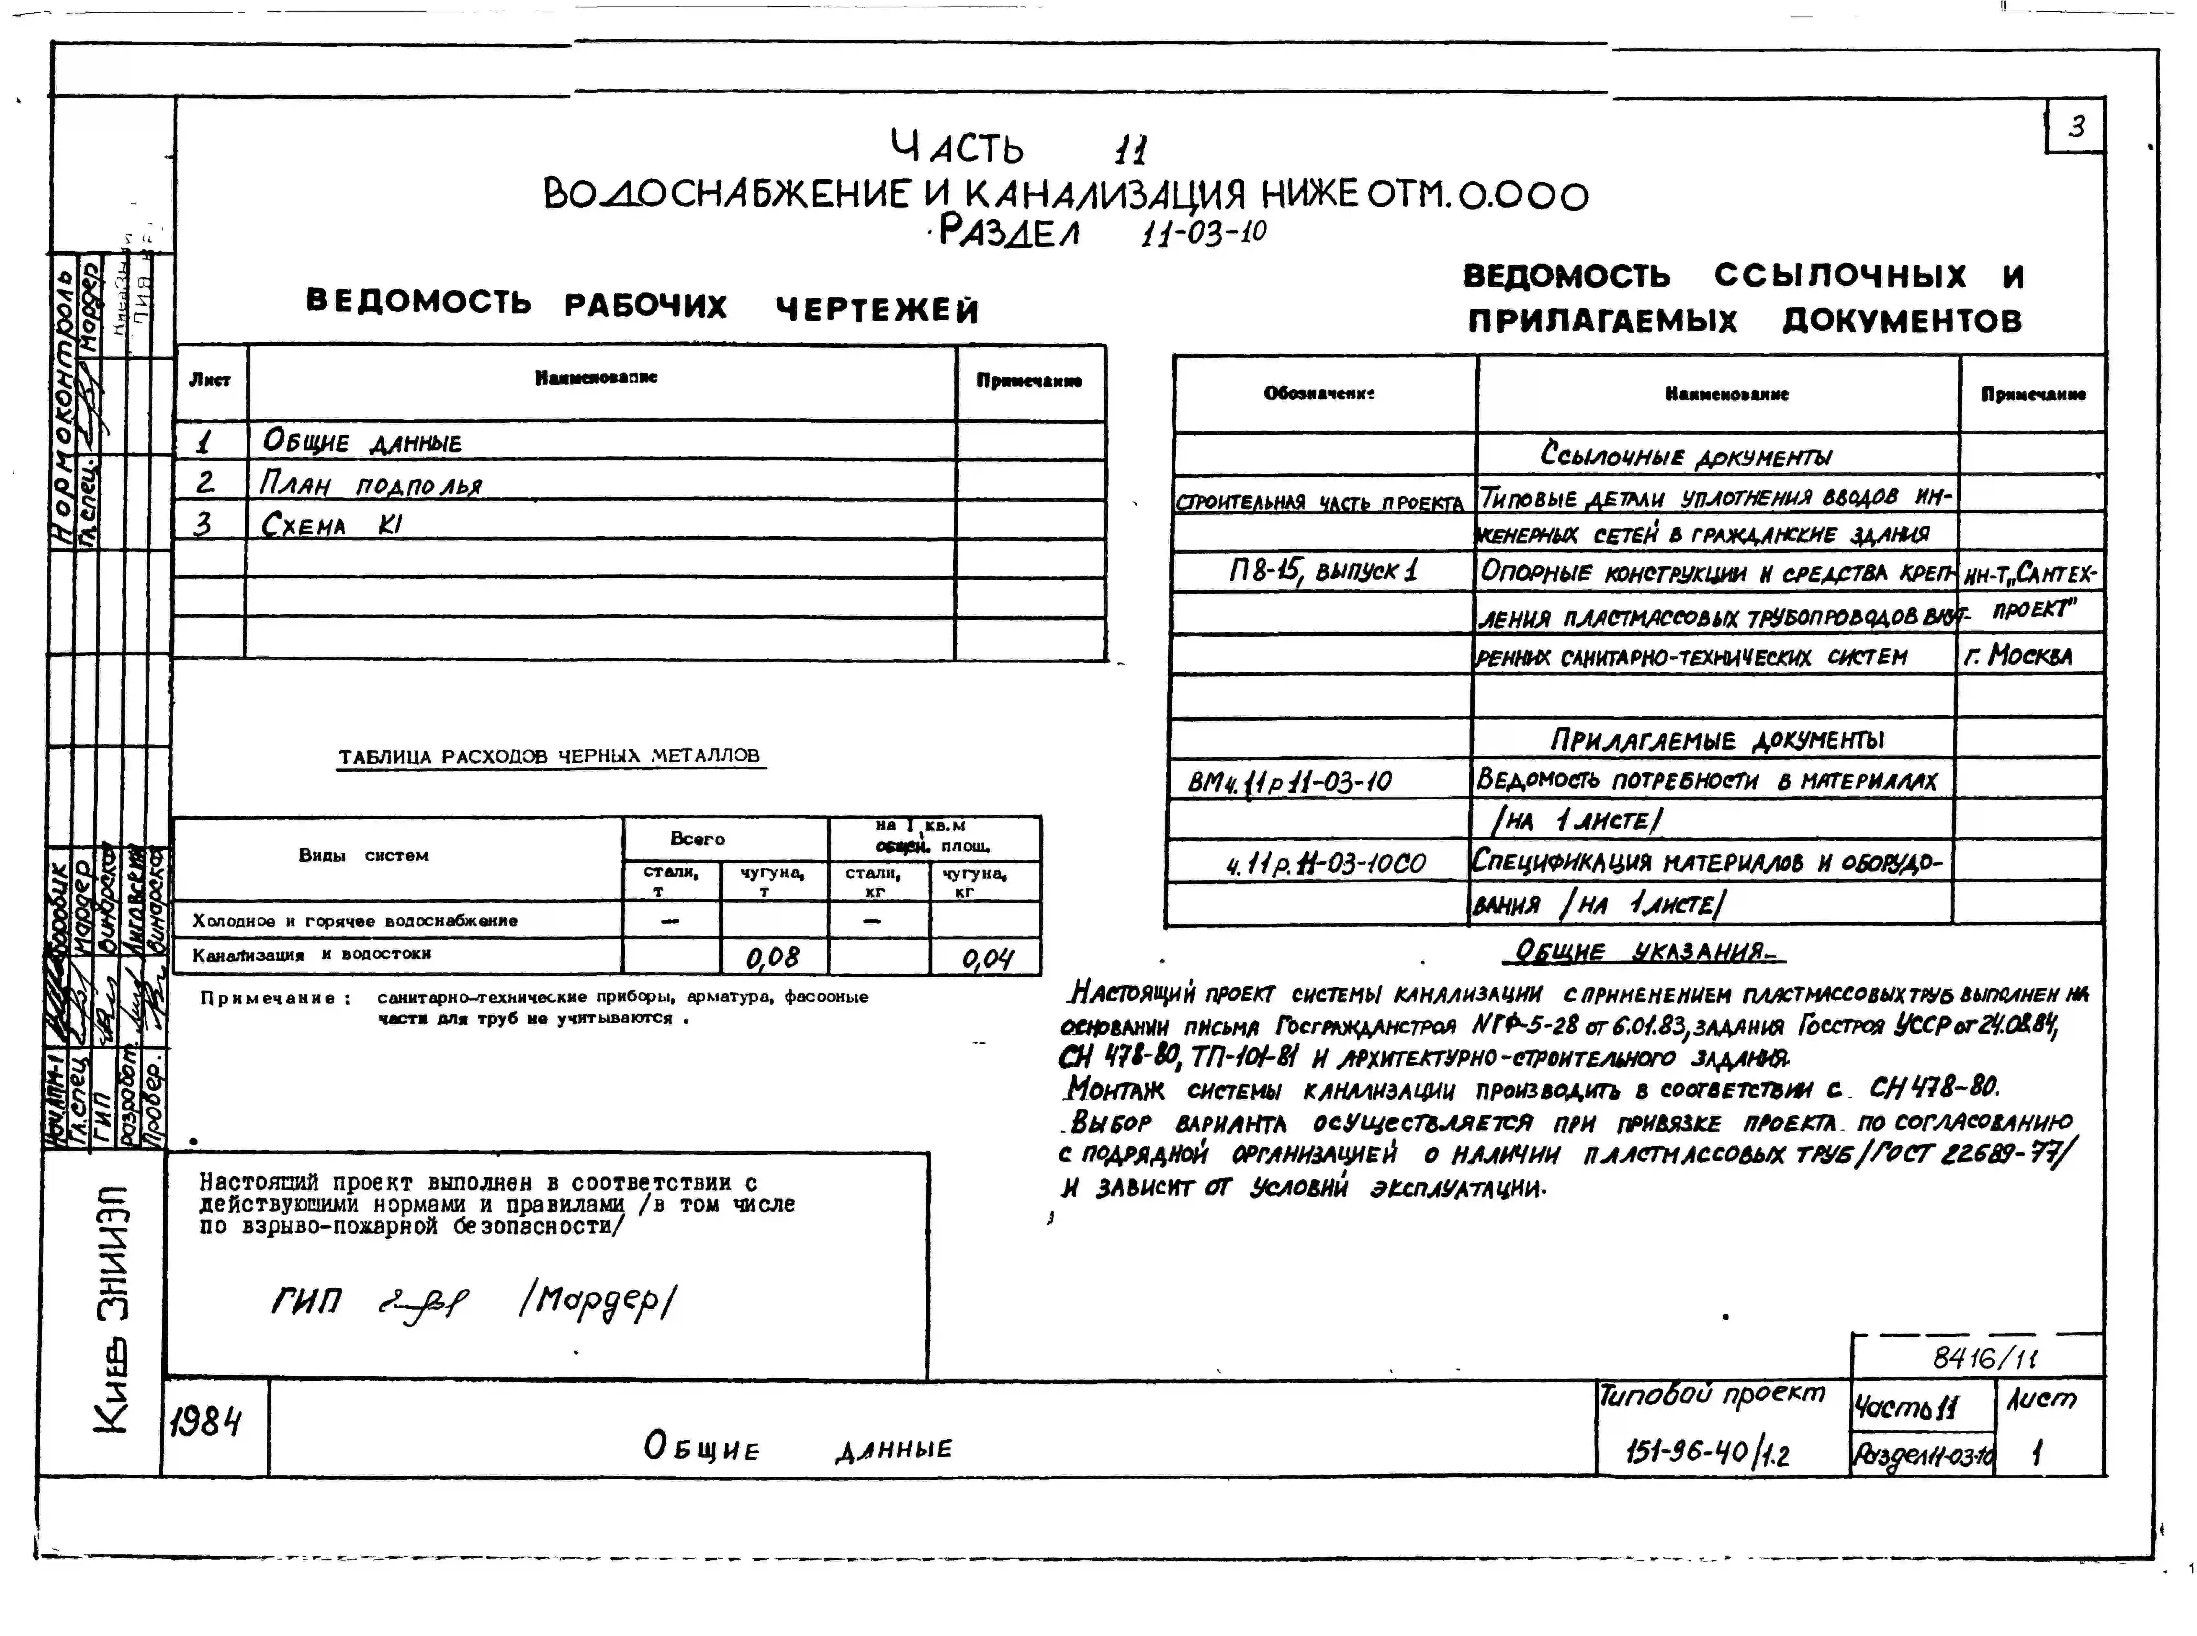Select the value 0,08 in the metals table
pos(772,957)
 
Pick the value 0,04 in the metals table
pos(986,958)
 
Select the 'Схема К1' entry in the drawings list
pos(332,524)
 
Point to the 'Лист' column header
pos(210,380)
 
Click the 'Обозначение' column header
pos(1319,393)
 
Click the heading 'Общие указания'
pos(1650,952)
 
